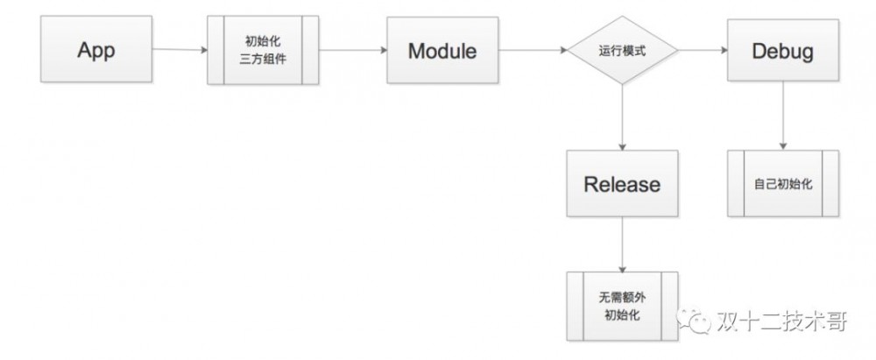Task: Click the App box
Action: coord(96,50)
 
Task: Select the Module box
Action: coord(442,51)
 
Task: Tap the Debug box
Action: coord(782,51)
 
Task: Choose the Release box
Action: coord(622,184)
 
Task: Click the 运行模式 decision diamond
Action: coord(623,51)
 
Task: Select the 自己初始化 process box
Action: coord(783,184)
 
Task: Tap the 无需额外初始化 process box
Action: coord(622,307)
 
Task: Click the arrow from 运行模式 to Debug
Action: coord(703,51)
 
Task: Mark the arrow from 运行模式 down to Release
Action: coord(622,118)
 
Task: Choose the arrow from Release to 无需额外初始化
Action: coord(622,245)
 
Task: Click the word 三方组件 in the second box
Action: coord(264,60)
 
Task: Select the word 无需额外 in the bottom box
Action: coord(622,299)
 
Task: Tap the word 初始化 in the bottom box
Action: coord(622,315)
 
